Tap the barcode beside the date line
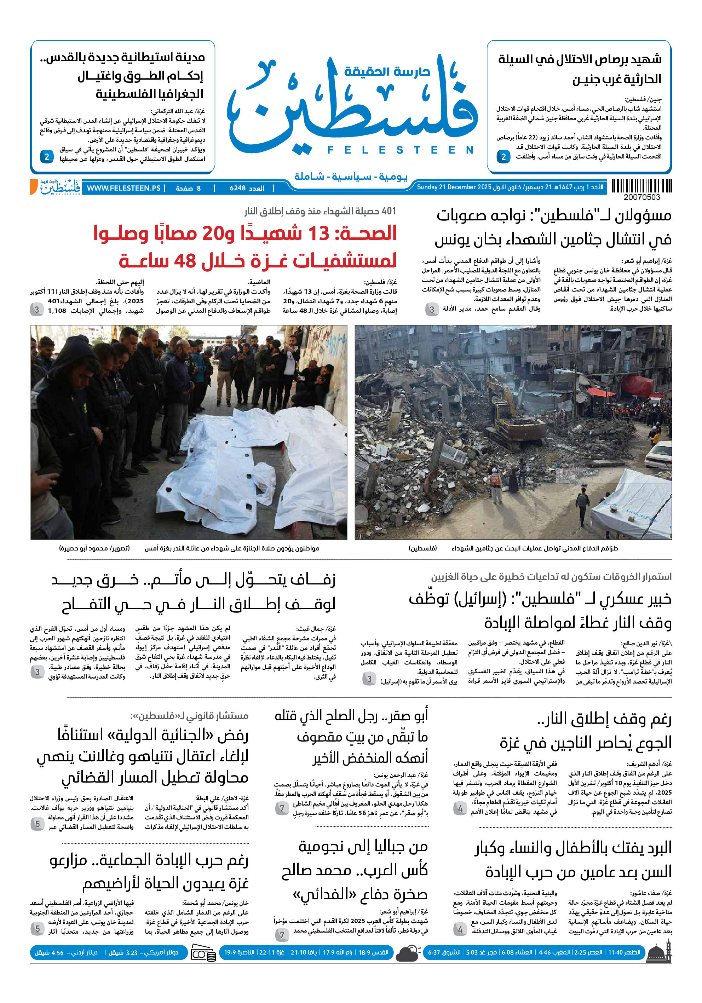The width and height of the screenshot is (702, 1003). pos(641,186)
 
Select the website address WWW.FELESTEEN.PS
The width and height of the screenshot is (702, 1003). pos(123,188)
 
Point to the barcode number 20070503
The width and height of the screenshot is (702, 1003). pos(641,197)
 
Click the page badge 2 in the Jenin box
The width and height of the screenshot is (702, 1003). pos(503,156)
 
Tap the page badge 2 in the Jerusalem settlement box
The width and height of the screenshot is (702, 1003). pos(47,156)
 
